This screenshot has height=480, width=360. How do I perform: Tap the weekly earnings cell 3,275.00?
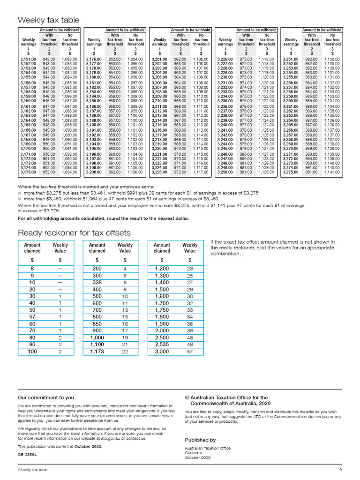(x=291, y=172)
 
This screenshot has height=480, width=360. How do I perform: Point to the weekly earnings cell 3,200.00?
(x=94, y=172)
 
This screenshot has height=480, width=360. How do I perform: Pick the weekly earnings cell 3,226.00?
(x=225, y=59)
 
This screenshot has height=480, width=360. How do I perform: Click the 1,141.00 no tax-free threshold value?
(x=332, y=172)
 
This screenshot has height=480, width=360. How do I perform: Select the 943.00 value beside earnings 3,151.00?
(x=49, y=59)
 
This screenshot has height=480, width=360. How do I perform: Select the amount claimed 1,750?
(x=162, y=310)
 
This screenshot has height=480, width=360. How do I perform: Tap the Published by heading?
(x=200, y=440)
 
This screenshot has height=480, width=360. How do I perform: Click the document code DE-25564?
(x=27, y=455)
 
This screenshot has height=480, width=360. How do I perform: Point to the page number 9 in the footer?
(x=341, y=470)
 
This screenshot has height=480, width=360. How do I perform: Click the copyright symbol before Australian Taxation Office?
(x=187, y=397)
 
